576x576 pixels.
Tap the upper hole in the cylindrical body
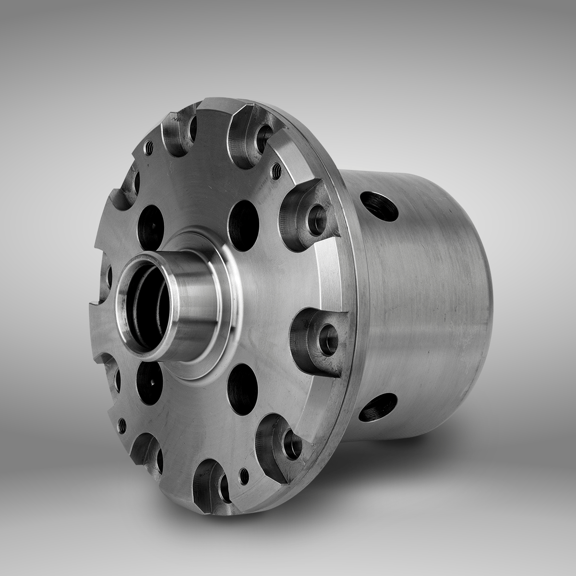379,206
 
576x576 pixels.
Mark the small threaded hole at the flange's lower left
122,423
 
